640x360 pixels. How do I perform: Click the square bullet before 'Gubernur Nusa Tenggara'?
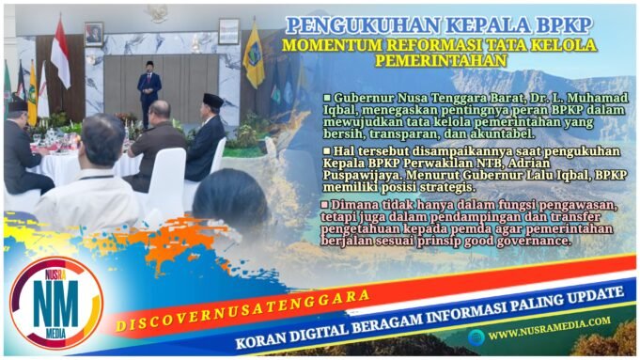coord(326,97)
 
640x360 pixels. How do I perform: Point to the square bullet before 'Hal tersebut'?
coord(326,149)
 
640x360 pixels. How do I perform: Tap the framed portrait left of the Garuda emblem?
coord(94,34)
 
